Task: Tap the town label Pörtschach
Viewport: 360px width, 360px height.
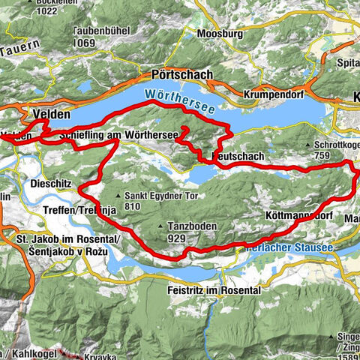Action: pyautogui.click(x=182, y=76)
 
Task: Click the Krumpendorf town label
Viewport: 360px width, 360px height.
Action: pyautogui.click(x=277, y=95)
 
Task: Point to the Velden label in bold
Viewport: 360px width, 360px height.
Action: pyautogui.click(x=51, y=114)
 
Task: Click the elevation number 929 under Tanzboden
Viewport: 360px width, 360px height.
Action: pyautogui.click(x=177, y=237)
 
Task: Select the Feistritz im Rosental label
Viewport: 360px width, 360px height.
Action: pyautogui.click(x=214, y=289)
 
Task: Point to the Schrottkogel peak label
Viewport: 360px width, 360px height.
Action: pyautogui.click(x=342, y=145)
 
